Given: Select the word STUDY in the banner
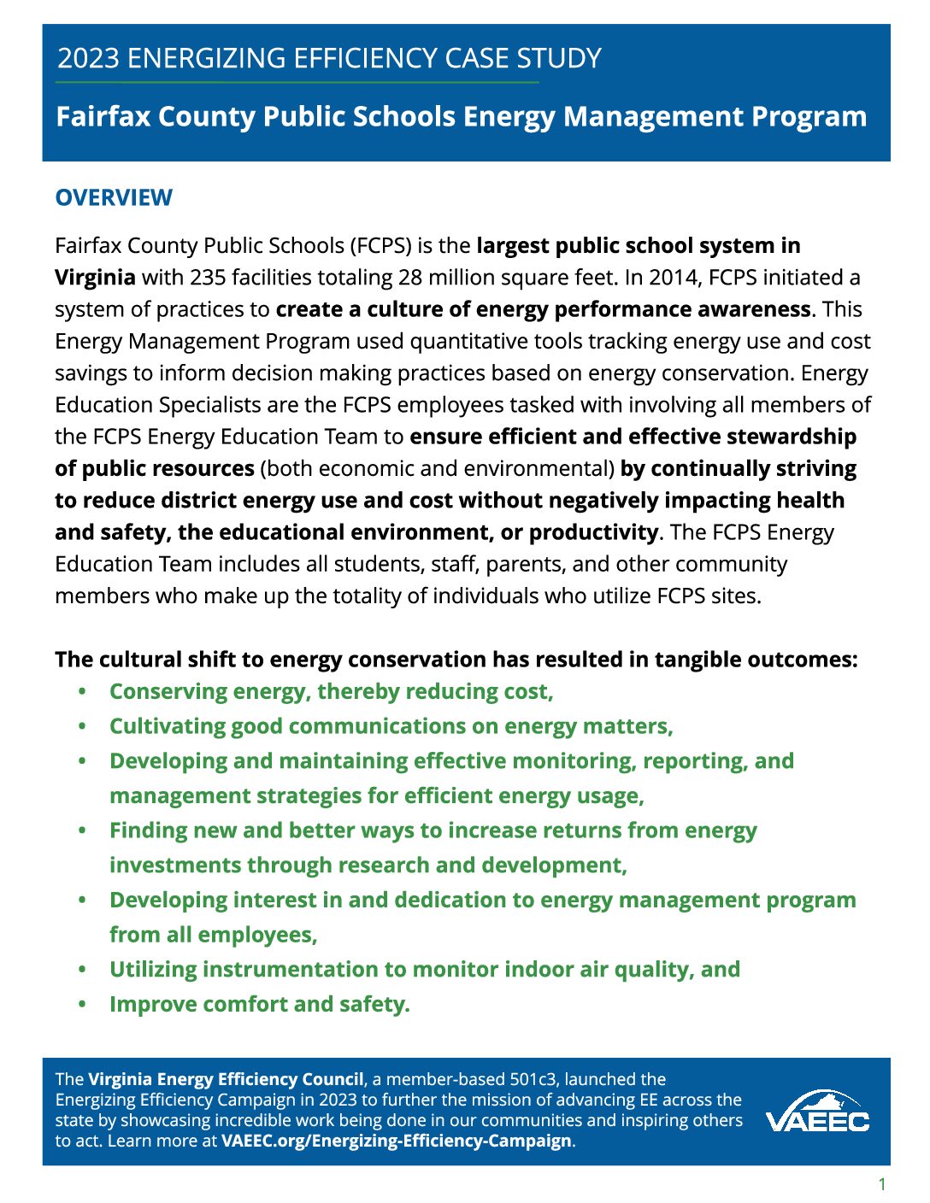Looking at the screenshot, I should click(559, 58).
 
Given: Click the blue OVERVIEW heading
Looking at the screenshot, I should click(114, 197).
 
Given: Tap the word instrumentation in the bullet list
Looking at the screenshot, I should click(292, 970).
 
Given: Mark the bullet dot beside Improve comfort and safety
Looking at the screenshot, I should click(82, 1004).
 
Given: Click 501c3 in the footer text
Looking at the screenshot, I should click(532, 1079).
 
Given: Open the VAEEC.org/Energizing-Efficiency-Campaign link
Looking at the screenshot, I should click(396, 1141).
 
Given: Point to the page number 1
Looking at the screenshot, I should click(882, 1184).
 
